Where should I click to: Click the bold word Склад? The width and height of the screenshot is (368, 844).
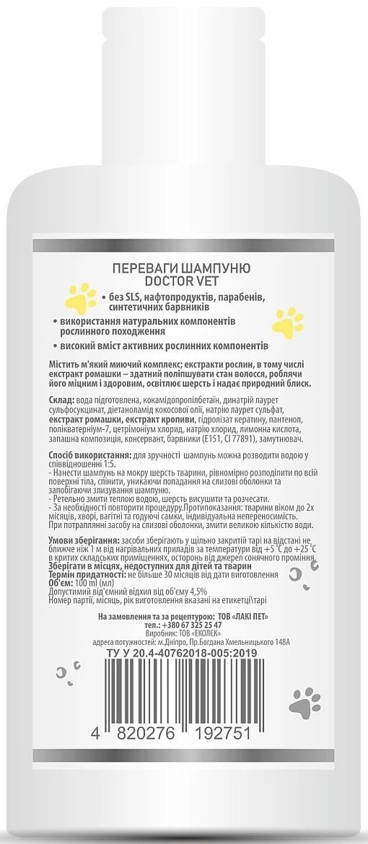[63, 400]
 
